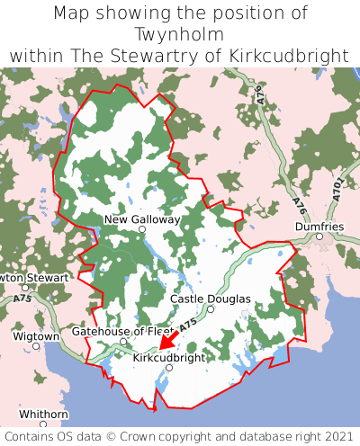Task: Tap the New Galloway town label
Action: pos(142,219)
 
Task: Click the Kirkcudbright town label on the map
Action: pos(168,357)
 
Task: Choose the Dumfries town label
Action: pos(319,227)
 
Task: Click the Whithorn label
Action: pos(43,414)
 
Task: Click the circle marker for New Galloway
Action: pos(141,230)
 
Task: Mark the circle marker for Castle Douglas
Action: pos(211,309)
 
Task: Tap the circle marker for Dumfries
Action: pos(319,236)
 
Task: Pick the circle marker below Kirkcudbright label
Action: pos(168,368)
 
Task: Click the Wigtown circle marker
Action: pos(36,345)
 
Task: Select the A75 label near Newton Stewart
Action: pos(24,298)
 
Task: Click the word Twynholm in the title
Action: pos(180,34)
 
